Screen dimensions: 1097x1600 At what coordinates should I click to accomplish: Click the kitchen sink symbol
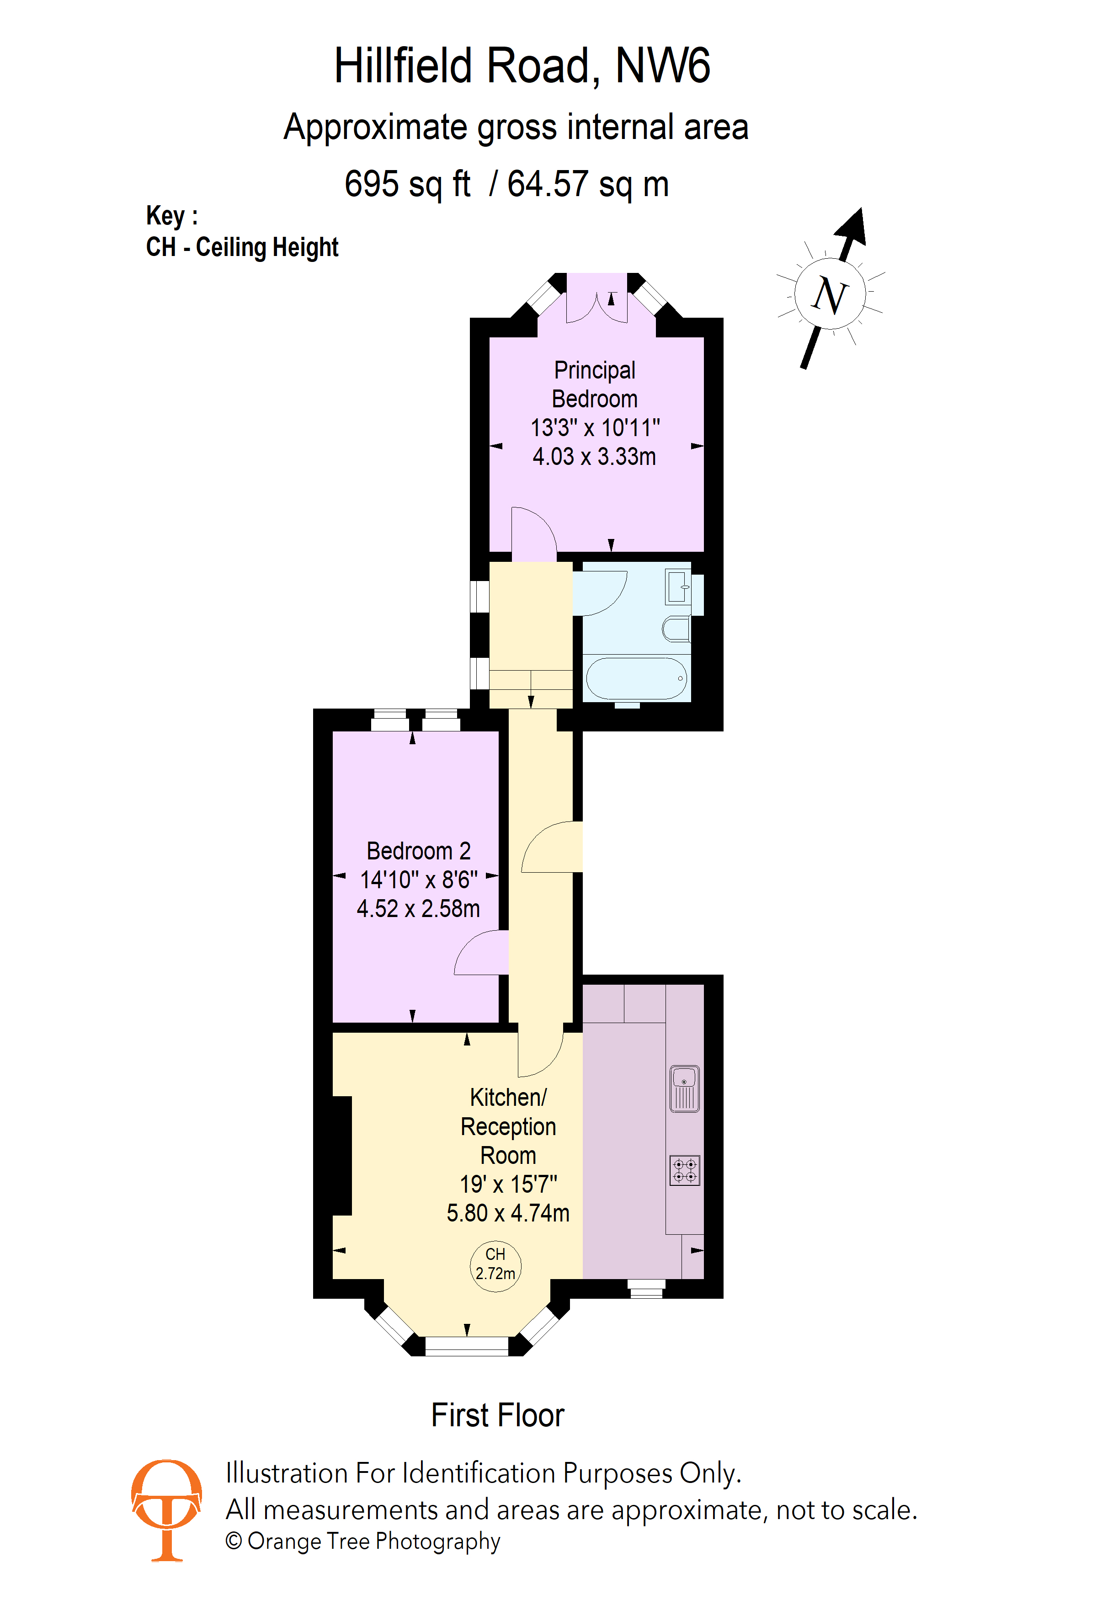point(684,1088)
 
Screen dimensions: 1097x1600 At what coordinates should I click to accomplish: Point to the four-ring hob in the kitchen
point(685,1170)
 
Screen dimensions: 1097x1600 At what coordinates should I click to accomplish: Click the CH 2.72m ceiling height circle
point(495,1266)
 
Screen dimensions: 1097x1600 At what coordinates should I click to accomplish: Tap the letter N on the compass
point(830,295)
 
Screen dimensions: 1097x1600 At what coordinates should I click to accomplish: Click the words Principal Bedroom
point(595,384)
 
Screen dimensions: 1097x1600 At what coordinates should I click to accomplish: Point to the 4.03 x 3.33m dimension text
point(595,456)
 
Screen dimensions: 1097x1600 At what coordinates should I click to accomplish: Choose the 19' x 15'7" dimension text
point(509,1184)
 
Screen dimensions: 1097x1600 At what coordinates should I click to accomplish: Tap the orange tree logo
point(166,1510)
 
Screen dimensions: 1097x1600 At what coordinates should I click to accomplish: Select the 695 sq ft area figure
point(407,185)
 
